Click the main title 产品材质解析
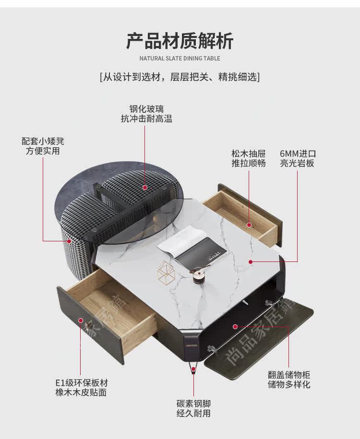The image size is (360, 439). tap(180, 41)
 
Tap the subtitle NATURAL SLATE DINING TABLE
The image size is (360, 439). tap(180, 59)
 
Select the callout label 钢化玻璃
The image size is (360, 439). tap(146, 109)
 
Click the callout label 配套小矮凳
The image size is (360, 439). tap(43, 141)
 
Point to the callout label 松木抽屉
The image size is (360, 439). tap(249, 154)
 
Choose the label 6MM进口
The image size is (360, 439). tap(298, 154)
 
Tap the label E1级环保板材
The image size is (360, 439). tap(81, 383)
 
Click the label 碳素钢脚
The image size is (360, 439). tap(193, 403)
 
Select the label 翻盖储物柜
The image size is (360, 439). tap(289, 375)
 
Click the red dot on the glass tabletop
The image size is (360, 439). tap(145, 187)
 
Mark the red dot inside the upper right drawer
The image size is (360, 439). tap(249, 225)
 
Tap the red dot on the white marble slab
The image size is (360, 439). tap(251, 262)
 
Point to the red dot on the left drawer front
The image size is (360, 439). tap(81, 320)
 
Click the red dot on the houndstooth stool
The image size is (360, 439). tap(69, 241)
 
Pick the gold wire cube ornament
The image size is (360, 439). tap(167, 273)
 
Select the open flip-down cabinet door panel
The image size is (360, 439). tap(259, 338)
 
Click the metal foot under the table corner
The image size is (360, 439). tap(193, 367)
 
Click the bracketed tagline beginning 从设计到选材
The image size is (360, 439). tap(180, 76)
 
